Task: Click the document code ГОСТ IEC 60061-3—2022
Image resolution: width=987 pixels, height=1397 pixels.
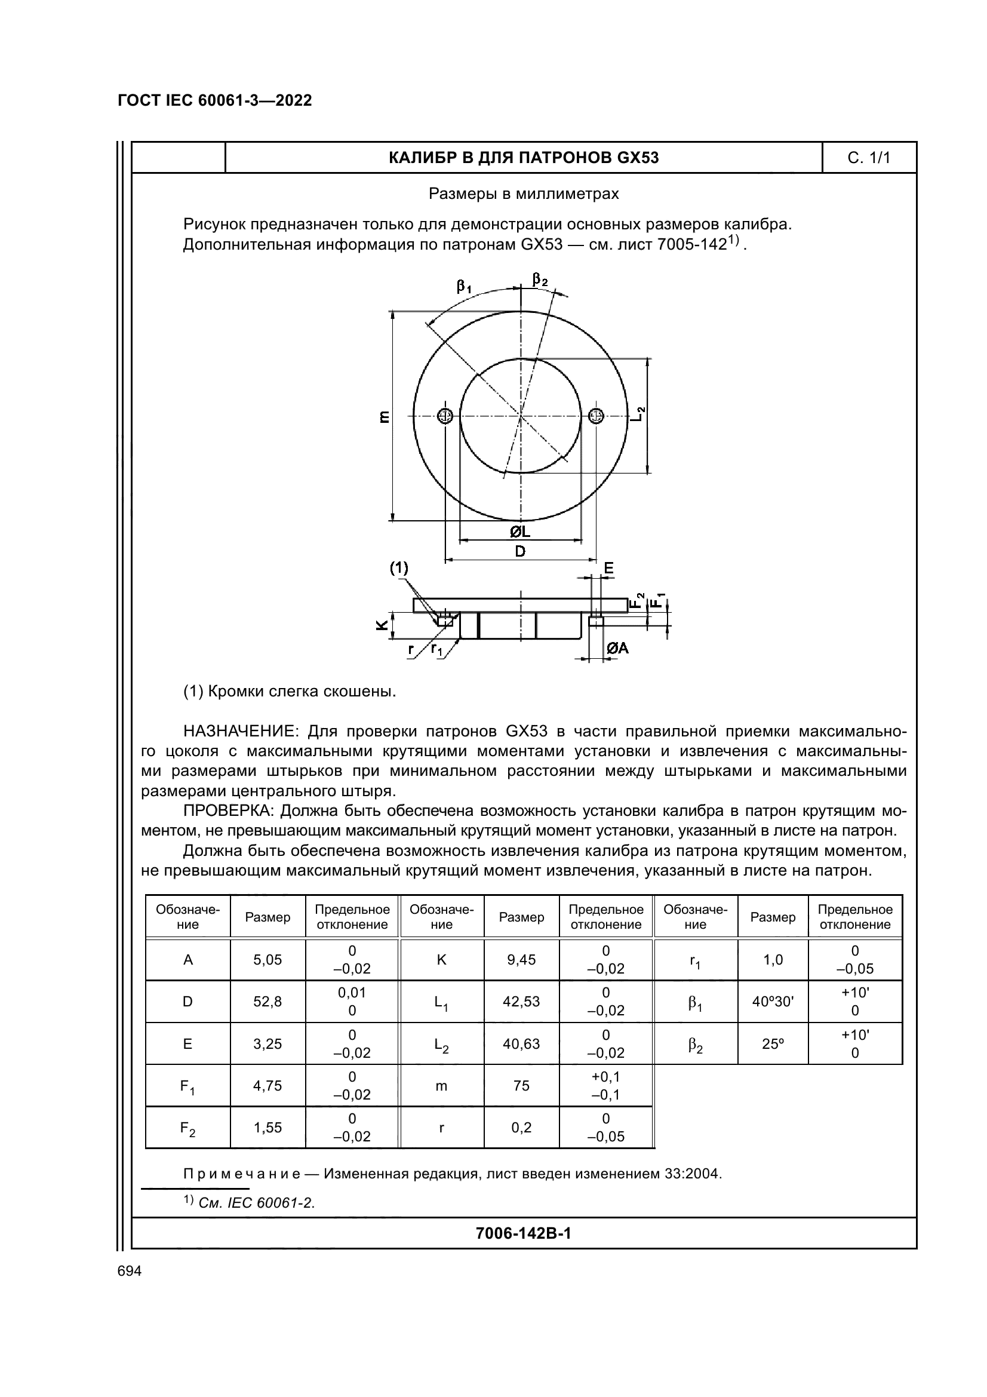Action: click(x=214, y=100)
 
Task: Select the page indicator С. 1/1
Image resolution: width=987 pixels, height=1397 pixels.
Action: click(x=868, y=158)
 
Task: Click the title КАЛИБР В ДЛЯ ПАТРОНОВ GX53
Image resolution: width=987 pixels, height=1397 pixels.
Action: click(x=523, y=158)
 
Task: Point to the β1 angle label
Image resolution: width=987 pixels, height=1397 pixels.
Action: click(x=464, y=286)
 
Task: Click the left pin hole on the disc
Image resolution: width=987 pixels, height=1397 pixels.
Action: click(x=445, y=416)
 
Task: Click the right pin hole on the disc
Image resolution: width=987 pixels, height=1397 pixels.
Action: click(x=596, y=416)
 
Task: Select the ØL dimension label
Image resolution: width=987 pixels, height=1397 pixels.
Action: click(x=520, y=532)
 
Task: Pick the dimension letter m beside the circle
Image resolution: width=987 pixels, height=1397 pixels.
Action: click(x=384, y=417)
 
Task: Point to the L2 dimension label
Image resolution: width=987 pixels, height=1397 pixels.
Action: click(x=638, y=415)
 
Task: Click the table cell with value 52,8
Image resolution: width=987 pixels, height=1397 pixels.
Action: click(x=267, y=1001)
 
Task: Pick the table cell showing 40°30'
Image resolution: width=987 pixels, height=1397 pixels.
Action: click(x=772, y=1001)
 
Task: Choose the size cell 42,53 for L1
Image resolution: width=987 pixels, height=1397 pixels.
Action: click(x=521, y=1001)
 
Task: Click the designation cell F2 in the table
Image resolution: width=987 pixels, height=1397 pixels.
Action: click(x=187, y=1128)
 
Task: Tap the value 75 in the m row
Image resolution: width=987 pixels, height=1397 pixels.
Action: click(x=521, y=1085)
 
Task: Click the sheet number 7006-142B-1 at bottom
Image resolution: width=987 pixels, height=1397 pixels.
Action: click(x=523, y=1233)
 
